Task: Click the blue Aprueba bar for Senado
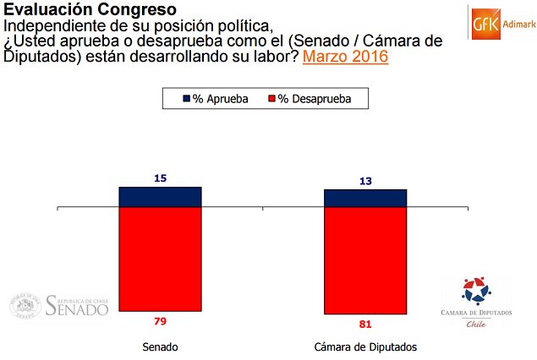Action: click(160, 197)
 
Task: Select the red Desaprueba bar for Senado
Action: click(160, 259)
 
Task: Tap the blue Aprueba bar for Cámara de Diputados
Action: click(365, 199)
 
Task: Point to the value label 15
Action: click(160, 177)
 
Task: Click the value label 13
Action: click(365, 180)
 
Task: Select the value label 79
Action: click(160, 320)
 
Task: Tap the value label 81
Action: click(365, 323)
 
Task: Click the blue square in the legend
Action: click(188, 99)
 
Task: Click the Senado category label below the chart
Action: click(161, 347)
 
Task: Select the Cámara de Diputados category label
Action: click(365, 347)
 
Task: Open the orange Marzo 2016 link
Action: click(345, 58)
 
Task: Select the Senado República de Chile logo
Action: click(59, 305)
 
